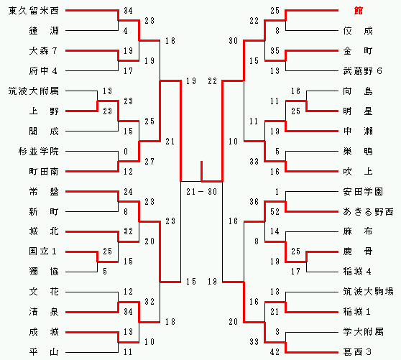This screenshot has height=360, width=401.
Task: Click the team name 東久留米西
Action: pos(34,11)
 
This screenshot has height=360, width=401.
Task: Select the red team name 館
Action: pos(359,11)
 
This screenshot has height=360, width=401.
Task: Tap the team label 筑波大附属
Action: pos(34,91)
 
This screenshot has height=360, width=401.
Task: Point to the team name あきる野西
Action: pos(368,212)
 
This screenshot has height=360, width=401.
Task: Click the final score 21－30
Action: pos(201,192)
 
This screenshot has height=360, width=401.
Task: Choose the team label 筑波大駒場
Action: pos(368,292)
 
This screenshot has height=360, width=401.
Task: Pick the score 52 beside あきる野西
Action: pos(275,212)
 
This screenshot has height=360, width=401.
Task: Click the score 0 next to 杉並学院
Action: pos(126,152)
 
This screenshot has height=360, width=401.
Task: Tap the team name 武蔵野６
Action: pos(362,71)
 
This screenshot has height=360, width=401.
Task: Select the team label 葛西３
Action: pos(357,352)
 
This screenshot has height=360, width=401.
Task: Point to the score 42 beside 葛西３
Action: pos(275,352)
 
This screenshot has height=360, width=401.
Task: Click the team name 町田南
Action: pos(44,172)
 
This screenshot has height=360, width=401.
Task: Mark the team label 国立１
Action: pos(42,251)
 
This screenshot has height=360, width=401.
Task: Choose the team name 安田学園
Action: pos(363,192)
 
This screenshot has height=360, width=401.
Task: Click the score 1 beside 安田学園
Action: pos(277,192)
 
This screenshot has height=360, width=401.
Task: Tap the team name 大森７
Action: pos(43,51)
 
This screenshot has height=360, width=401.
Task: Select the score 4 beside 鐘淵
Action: pos(126,31)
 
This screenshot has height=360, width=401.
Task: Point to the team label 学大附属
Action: pos(363,332)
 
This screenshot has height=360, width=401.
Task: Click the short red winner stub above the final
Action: pos(201,171)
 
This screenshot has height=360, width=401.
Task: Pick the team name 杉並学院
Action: pos(39,152)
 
